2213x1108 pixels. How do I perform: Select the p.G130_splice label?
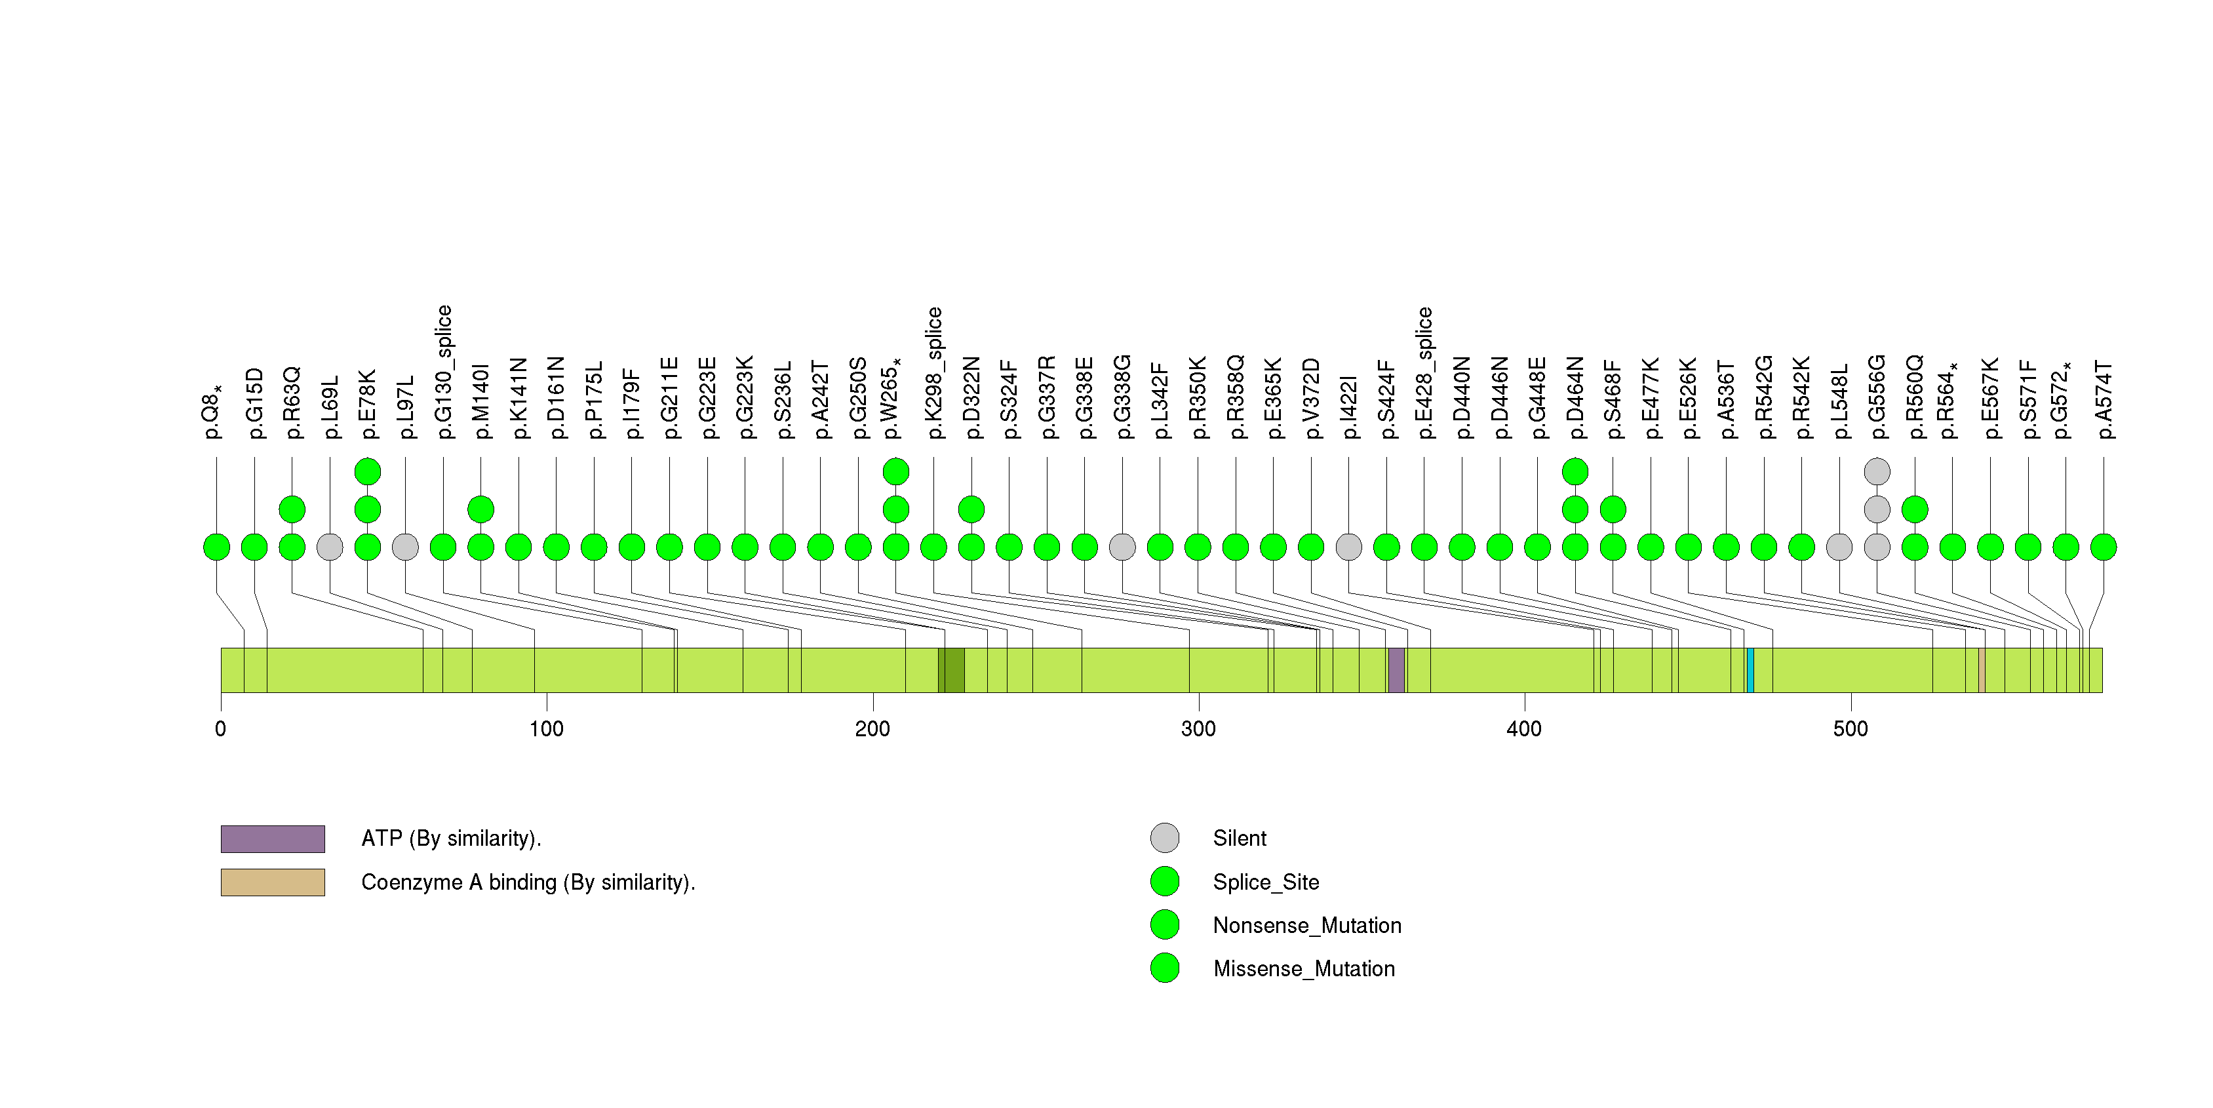443,372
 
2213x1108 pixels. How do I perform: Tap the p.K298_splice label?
934,373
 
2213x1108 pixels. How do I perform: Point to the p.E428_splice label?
1424,373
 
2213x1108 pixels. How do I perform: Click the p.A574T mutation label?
2103,399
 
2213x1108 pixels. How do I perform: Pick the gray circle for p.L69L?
330,547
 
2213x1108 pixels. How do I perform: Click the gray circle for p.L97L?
406,547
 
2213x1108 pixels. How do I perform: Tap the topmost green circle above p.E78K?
368,471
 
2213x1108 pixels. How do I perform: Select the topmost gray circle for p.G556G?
1877,471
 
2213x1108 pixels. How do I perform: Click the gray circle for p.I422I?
1349,547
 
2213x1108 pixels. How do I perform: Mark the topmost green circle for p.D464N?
1575,471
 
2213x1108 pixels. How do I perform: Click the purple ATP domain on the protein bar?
1396,670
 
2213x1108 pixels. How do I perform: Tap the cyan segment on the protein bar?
1750,670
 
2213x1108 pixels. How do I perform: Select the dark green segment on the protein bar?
951,670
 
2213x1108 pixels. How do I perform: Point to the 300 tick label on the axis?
1198,729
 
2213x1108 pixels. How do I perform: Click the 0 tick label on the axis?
221,729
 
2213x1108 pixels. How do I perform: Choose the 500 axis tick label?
1850,729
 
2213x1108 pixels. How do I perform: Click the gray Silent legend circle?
1165,839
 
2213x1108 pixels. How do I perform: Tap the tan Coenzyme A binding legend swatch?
272,882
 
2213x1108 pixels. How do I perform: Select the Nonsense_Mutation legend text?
1306,925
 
